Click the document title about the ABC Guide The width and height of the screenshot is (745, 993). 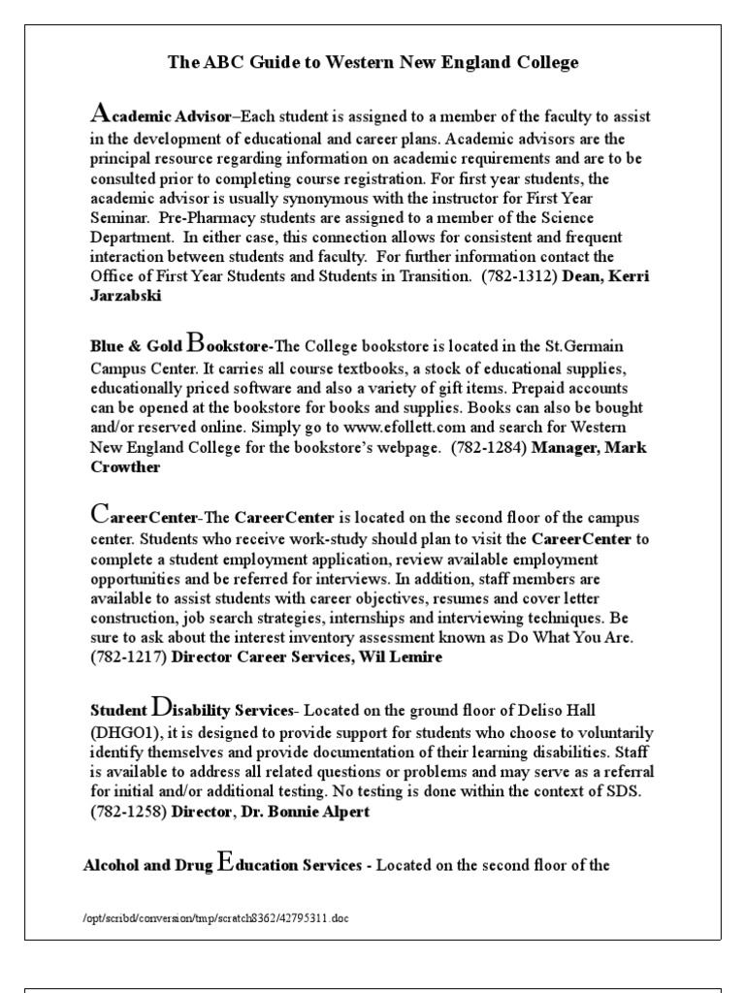[372, 63]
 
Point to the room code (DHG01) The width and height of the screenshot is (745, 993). [124, 732]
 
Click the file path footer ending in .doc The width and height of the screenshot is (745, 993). [210, 917]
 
